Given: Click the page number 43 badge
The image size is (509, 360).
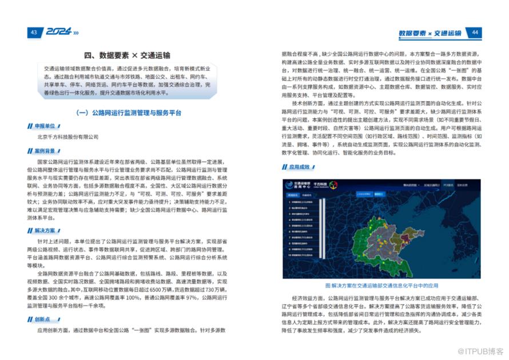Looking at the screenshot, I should coord(34,33).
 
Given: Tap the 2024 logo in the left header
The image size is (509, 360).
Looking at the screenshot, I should coord(58,33).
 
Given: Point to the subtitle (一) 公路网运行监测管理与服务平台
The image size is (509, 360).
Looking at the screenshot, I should coord(128,113).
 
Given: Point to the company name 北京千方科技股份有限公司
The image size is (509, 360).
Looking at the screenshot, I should coord(67,137).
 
